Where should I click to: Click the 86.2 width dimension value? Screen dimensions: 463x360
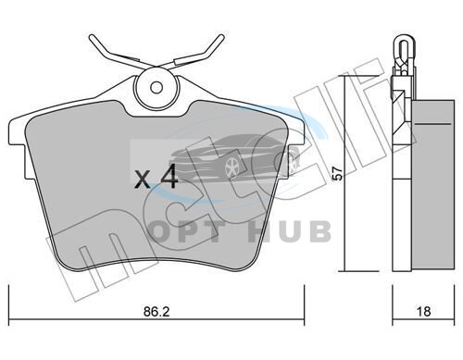click(x=156, y=312)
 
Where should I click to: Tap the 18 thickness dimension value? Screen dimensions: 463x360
click(x=423, y=312)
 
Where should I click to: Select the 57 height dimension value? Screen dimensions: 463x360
click(x=339, y=173)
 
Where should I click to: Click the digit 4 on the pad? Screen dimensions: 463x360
click(x=169, y=176)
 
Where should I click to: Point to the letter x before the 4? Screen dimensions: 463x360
click(x=143, y=180)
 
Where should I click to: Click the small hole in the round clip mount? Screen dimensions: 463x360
click(x=156, y=87)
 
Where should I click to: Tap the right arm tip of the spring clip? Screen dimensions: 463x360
click(x=220, y=38)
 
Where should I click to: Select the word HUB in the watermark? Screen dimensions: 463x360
click(x=290, y=231)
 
